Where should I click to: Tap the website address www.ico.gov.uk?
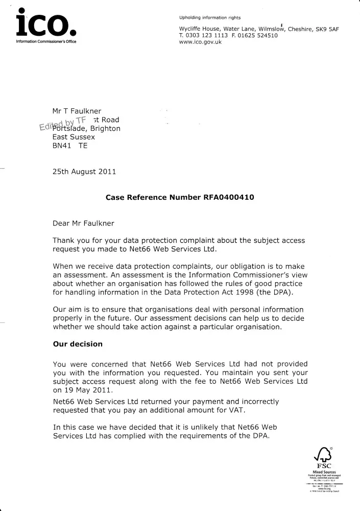point(201,42)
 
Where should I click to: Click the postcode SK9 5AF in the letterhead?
point(325,29)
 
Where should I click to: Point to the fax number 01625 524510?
point(262,36)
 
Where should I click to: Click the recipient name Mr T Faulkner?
point(77,111)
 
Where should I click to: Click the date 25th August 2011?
point(84,172)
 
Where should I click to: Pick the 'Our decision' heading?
point(78,344)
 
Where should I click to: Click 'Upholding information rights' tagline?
point(210,18)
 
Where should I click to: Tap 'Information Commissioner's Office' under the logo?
point(46,41)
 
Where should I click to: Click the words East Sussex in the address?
point(74,137)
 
